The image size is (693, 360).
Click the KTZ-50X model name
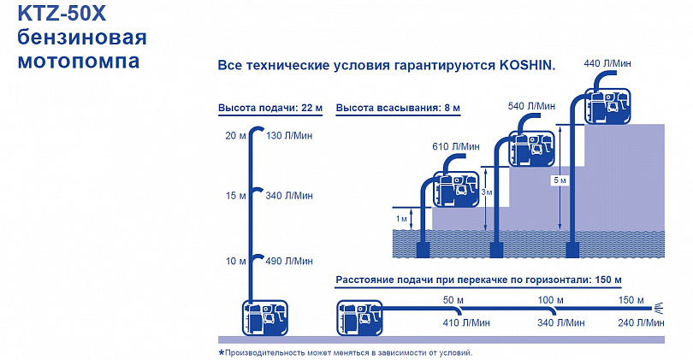[x=62, y=14]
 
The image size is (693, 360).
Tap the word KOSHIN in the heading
[x=527, y=65]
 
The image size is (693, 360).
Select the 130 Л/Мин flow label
[x=289, y=136]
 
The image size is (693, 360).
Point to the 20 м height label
[x=235, y=136]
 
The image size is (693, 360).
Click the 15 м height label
[x=235, y=196]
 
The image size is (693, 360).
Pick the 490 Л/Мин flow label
[x=289, y=261]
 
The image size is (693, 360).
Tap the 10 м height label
[x=235, y=261]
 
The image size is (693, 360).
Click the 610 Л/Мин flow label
[x=456, y=146]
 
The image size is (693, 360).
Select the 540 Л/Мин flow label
[x=531, y=106]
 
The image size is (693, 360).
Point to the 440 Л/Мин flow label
[x=607, y=63]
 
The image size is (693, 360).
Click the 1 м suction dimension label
[x=401, y=219]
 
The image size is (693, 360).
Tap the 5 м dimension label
[x=560, y=180]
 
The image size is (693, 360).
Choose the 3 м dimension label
[x=487, y=192]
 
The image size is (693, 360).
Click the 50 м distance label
[x=453, y=300]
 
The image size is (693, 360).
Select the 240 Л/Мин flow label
[x=641, y=323]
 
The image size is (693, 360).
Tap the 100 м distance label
[x=550, y=300]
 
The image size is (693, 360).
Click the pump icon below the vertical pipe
[x=264, y=318]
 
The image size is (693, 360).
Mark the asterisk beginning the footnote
[x=222, y=352]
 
